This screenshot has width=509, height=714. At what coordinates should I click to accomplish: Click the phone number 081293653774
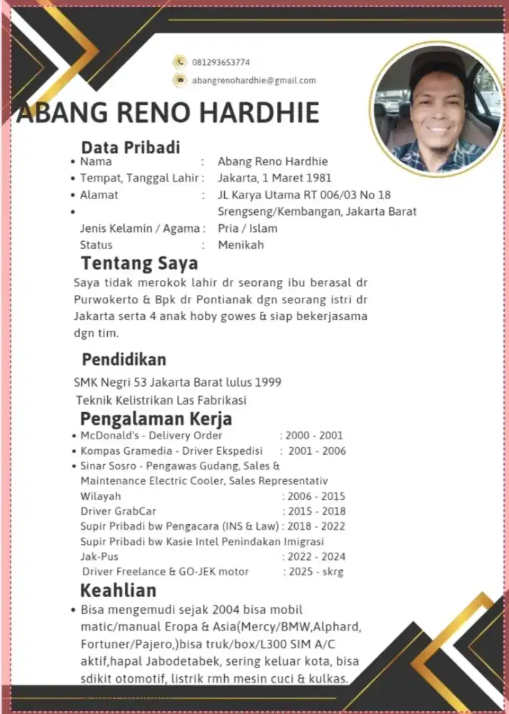[x=221, y=62]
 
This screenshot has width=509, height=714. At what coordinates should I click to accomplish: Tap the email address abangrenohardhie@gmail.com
[x=253, y=81]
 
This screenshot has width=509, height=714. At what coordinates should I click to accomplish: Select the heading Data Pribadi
[x=130, y=148]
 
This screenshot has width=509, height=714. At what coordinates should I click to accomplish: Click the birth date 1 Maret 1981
[x=293, y=178]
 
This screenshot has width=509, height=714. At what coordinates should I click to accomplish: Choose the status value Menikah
[x=241, y=245]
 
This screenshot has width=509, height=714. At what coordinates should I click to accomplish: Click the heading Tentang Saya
[x=139, y=263]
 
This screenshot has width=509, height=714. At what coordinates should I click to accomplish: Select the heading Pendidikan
[x=124, y=358]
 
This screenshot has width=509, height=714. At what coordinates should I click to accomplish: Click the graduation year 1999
[x=268, y=382]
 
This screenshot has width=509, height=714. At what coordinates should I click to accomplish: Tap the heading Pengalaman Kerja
[x=156, y=418]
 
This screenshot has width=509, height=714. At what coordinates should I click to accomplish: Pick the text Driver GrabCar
[x=119, y=511]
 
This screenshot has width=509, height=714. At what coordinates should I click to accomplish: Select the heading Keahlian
[x=118, y=591]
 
